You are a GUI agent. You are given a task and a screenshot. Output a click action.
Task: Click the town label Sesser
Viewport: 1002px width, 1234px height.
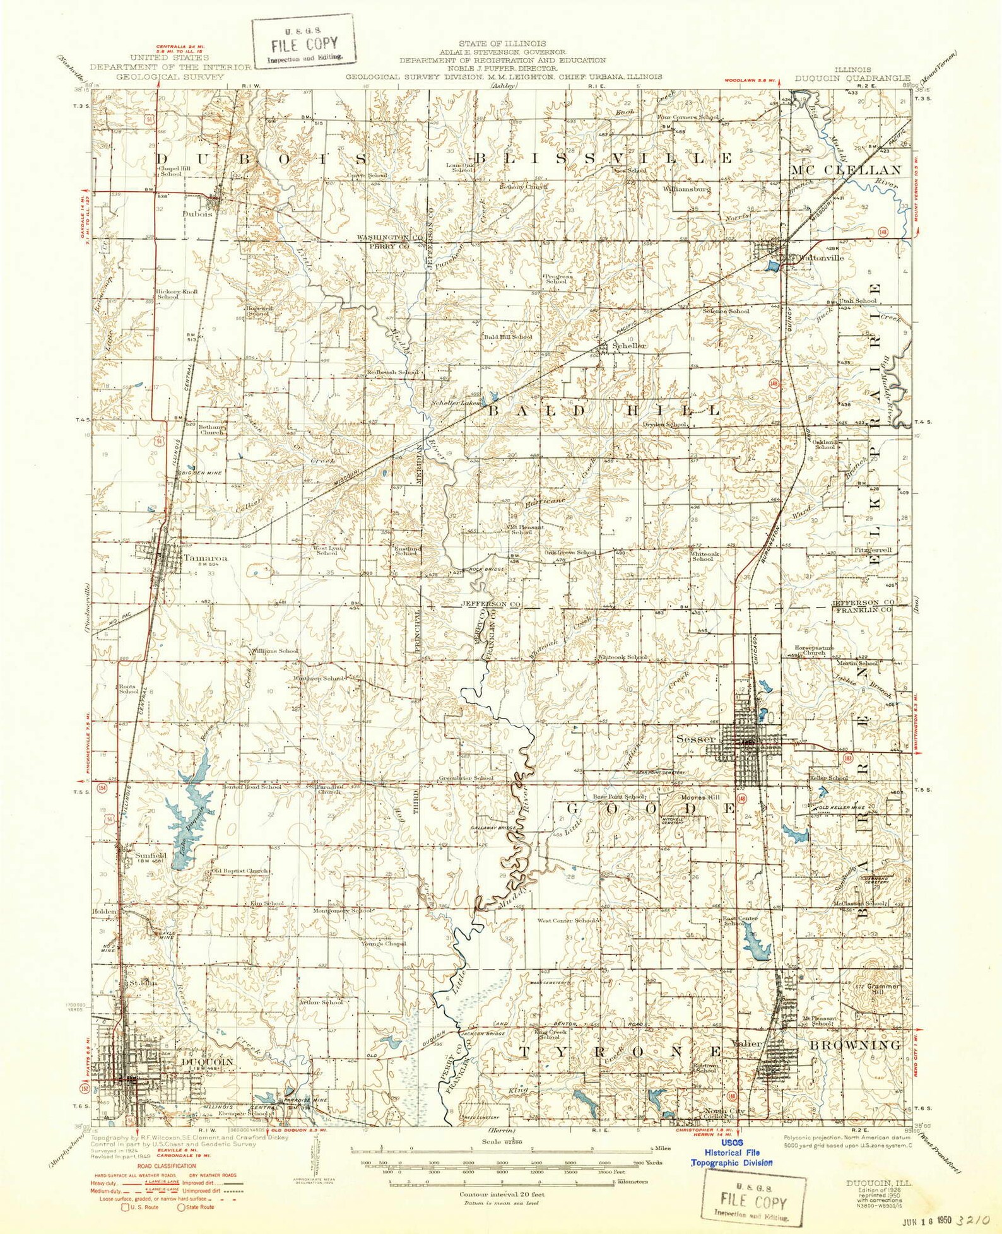click(x=695, y=739)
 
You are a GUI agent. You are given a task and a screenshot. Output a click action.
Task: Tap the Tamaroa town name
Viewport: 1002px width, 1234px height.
click(x=205, y=558)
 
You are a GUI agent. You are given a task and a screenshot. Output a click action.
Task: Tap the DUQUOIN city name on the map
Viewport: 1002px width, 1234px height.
click(x=207, y=1062)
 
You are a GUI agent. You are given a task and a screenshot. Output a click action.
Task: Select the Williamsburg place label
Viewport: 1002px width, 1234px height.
click(x=687, y=189)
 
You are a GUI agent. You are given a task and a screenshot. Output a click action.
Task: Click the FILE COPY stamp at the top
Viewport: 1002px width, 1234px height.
click(x=304, y=44)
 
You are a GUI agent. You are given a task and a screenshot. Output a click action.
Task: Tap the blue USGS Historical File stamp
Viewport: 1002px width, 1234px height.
click(x=731, y=1153)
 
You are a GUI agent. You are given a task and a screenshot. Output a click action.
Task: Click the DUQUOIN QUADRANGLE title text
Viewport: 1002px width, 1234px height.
click(x=852, y=79)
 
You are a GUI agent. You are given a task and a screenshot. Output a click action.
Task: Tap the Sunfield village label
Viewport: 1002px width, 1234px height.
click(x=150, y=855)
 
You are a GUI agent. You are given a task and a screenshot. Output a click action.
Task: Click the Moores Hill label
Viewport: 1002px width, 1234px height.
click(x=700, y=797)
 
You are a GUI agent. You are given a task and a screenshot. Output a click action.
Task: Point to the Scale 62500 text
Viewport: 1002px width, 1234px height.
click(x=502, y=1142)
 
